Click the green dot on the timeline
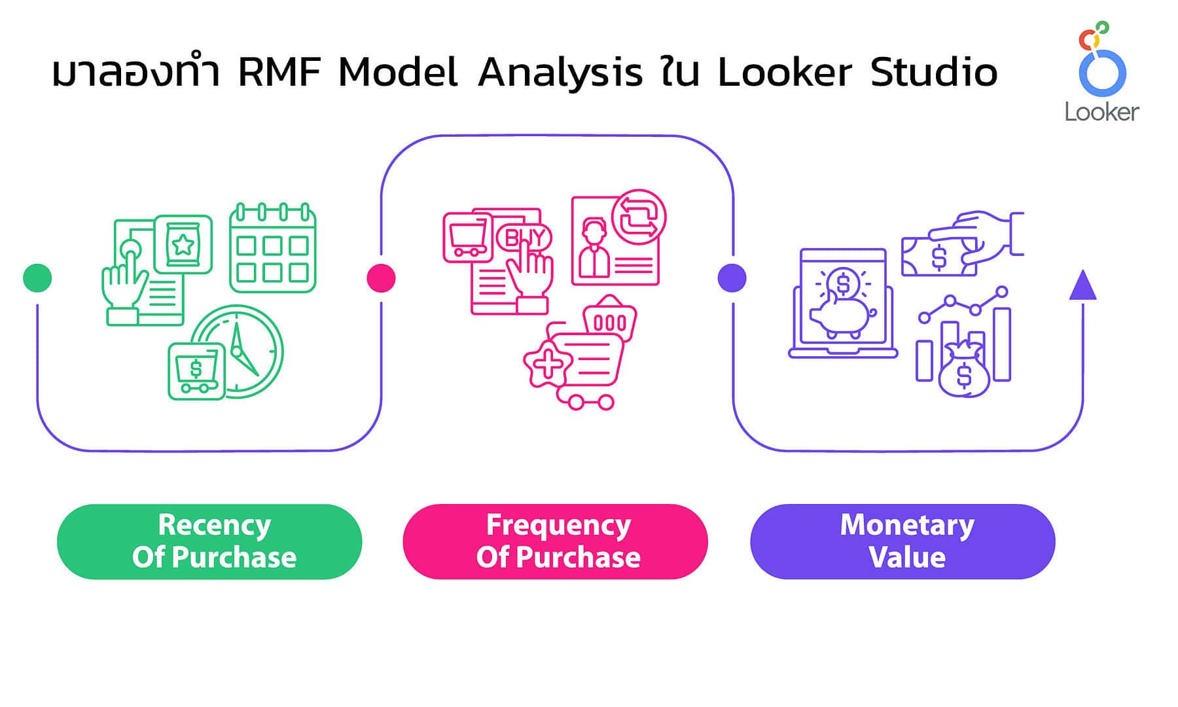pyautogui.click(x=37, y=278)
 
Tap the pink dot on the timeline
pyautogui.click(x=381, y=278)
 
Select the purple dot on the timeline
pyautogui.click(x=732, y=278)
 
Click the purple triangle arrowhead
pyautogui.click(x=1082, y=286)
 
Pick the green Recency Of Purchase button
pyautogui.click(x=209, y=541)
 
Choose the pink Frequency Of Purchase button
pyautogui.click(x=555, y=541)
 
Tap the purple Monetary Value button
pyautogui.click(x=902, y=541)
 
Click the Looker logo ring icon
pyautogui.click(x=1102, y=72)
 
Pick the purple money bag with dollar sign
pyautogui.click(x=963, y=372)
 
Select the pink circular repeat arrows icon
pyautogui.click(x=639, y=217)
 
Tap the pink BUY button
pyautogui.click(x=524, y=238)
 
